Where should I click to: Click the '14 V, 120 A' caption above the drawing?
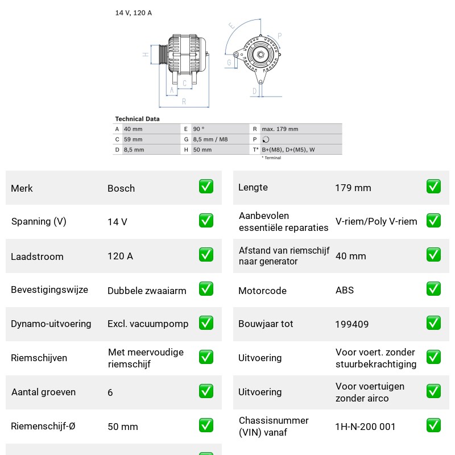click(134, 13)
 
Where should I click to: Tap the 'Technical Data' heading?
click(137, 119)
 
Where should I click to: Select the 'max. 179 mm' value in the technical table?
click(280, 129)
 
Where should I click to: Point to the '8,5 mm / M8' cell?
click(210, 139)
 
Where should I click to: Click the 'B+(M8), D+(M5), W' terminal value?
click(288, 150)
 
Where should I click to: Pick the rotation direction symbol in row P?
click(266, 139)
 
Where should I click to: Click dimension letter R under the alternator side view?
click(184, 102)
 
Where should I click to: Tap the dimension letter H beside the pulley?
click(146, 54)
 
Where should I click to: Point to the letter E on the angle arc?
click(231, 26)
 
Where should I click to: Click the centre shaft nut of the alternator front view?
click(260, 55)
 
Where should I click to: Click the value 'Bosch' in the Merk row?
click(121, 188)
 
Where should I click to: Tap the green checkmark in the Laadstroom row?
click(206, 254)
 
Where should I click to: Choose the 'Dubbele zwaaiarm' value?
click(147, 291)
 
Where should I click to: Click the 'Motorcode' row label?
click(262, 291)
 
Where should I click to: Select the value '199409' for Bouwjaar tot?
click(352, 324)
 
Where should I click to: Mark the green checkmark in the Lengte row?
click(433, 187)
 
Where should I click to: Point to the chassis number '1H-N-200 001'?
click(365, 427)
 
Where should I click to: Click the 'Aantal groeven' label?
click(44, 392)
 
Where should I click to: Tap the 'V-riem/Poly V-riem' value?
click(377, 221)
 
